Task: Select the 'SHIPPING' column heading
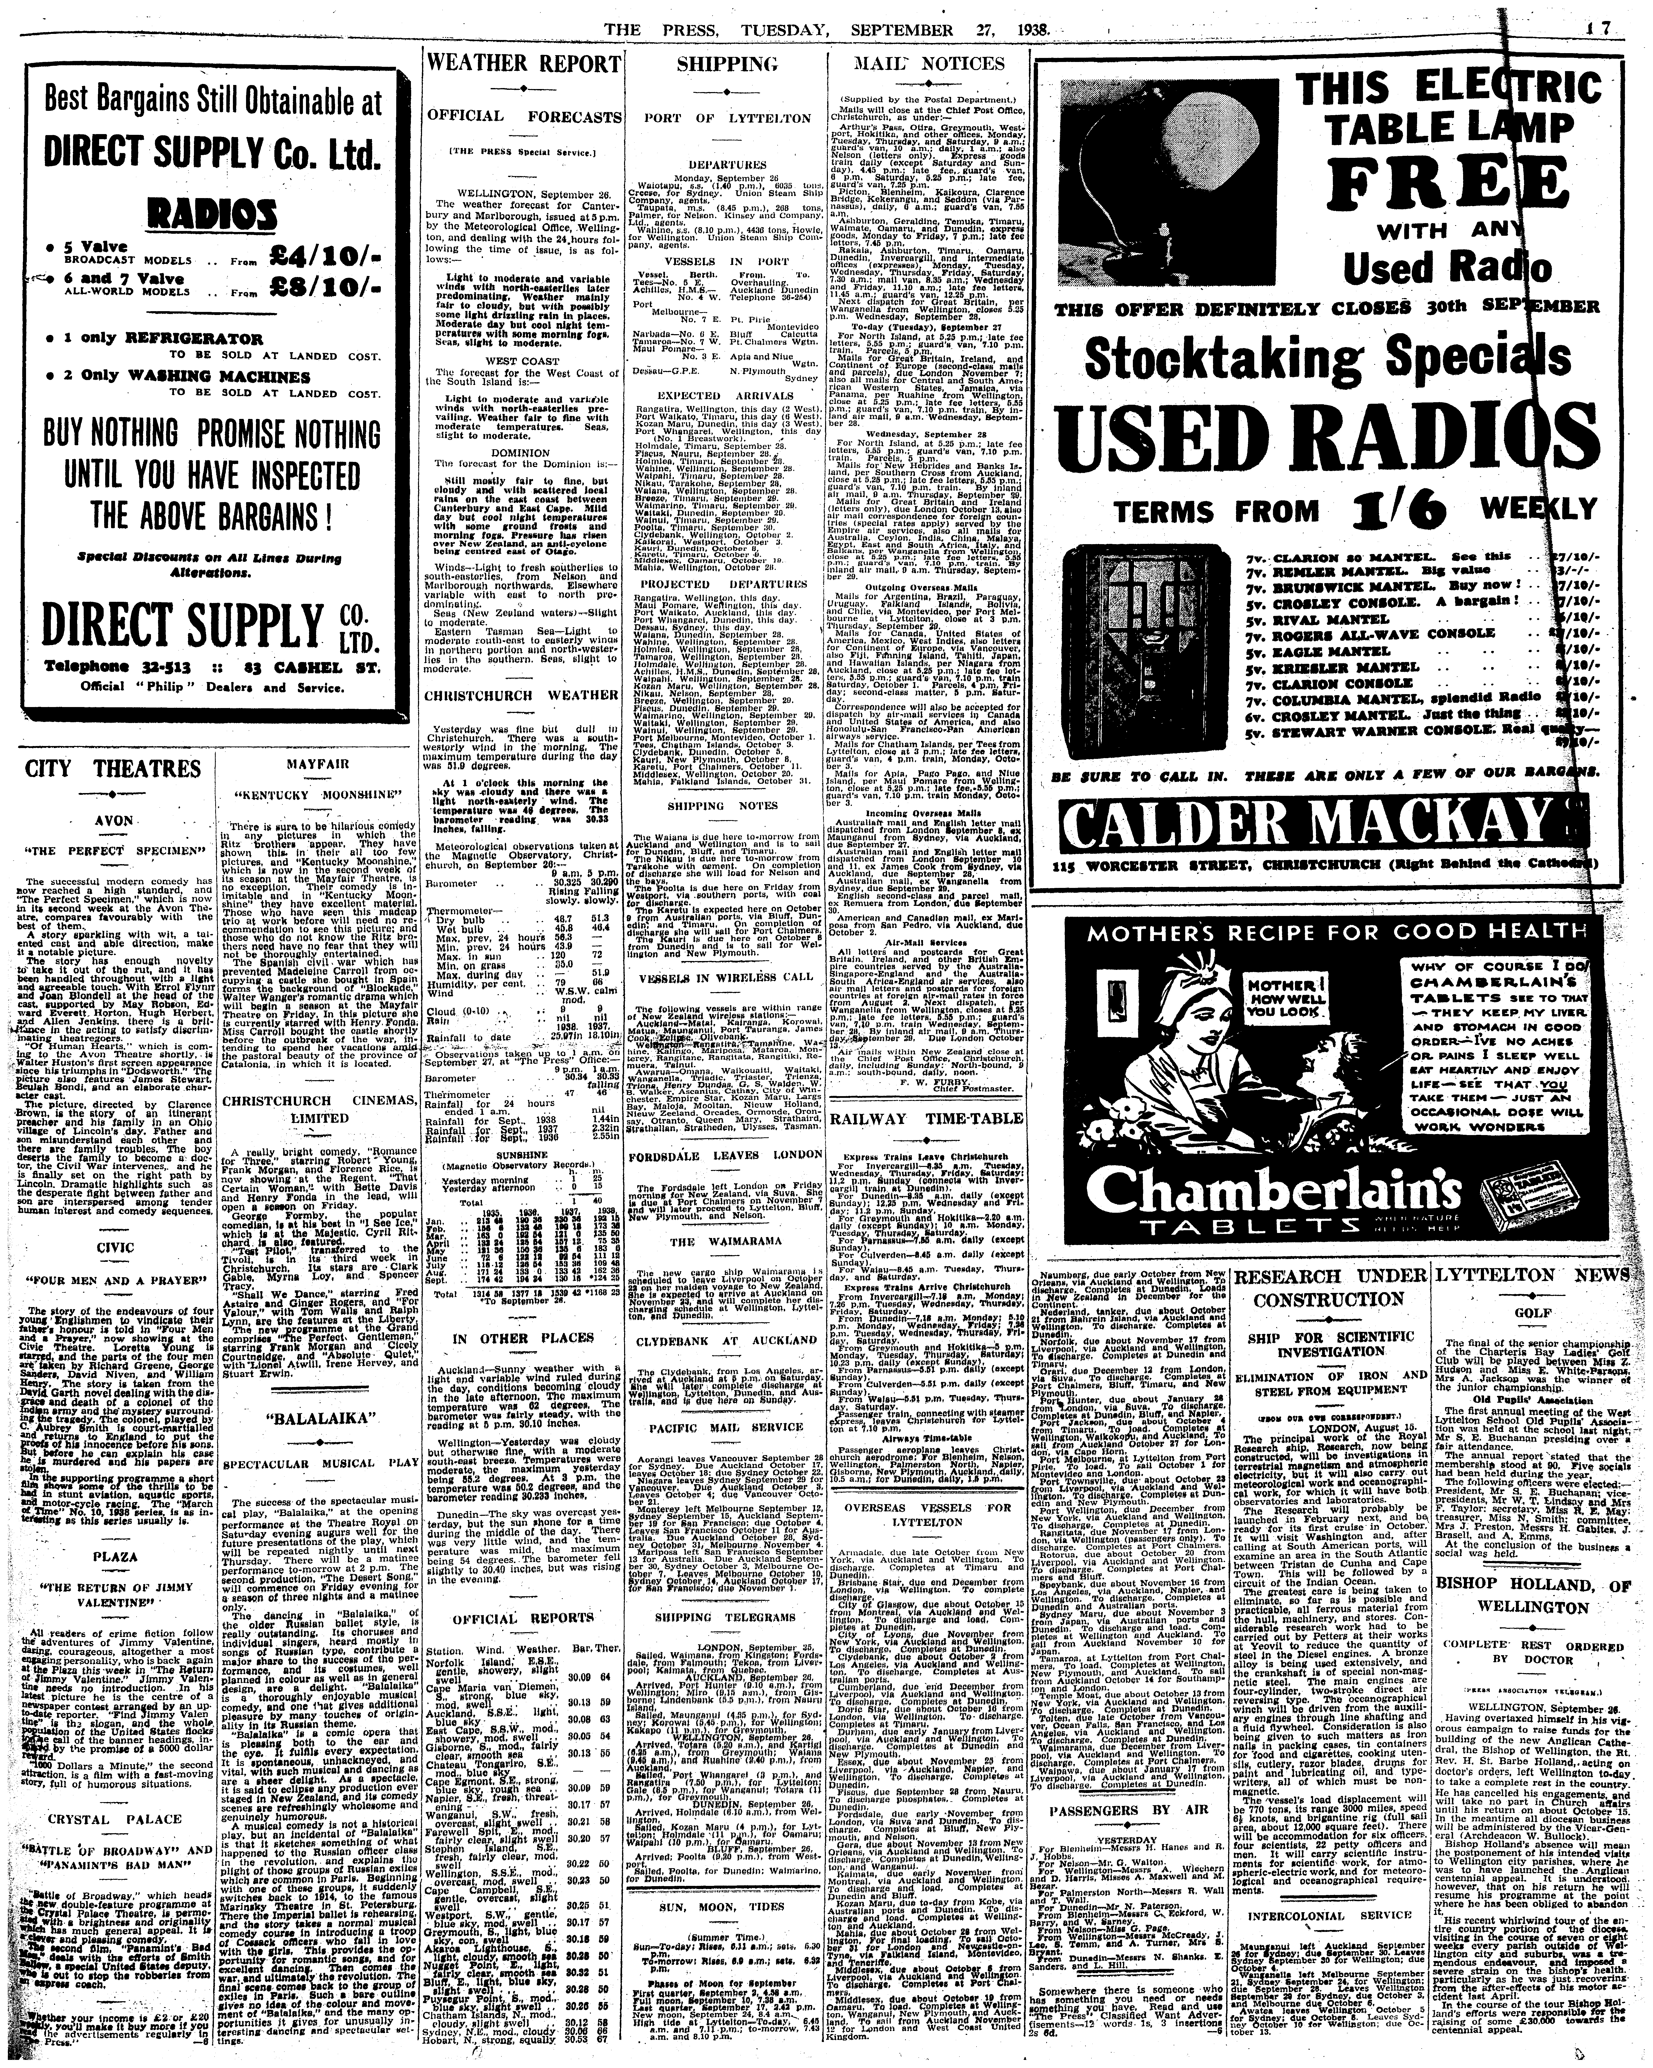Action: pos(727,64)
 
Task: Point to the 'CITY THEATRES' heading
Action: pos(113,769)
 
